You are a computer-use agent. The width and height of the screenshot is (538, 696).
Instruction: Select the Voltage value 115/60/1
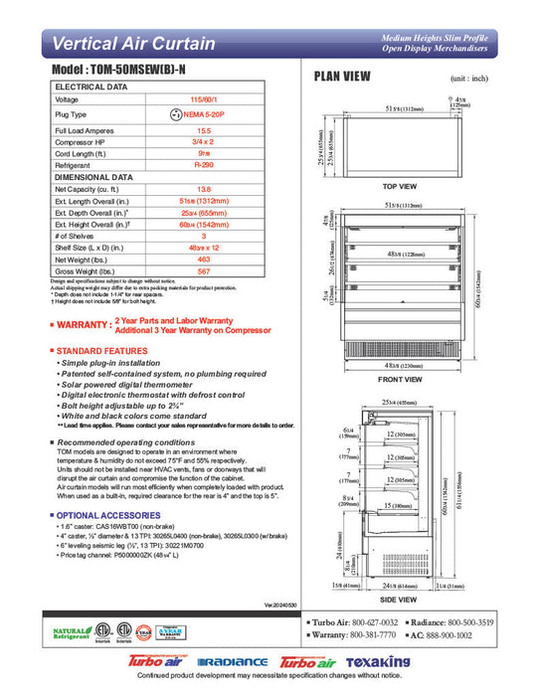point(203,100)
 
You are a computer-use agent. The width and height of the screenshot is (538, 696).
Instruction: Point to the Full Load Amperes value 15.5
point(203,131)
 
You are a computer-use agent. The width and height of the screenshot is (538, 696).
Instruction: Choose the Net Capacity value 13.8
point(203,188)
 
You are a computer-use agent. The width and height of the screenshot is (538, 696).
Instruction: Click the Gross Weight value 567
point(203,271)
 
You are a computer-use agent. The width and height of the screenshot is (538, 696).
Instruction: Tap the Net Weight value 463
point(203,260)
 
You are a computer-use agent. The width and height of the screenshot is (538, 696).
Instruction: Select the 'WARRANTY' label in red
point(83,325)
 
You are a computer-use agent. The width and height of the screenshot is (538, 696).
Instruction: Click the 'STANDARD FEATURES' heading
point(102,351)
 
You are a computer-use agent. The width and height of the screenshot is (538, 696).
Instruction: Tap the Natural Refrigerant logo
point(72,632)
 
